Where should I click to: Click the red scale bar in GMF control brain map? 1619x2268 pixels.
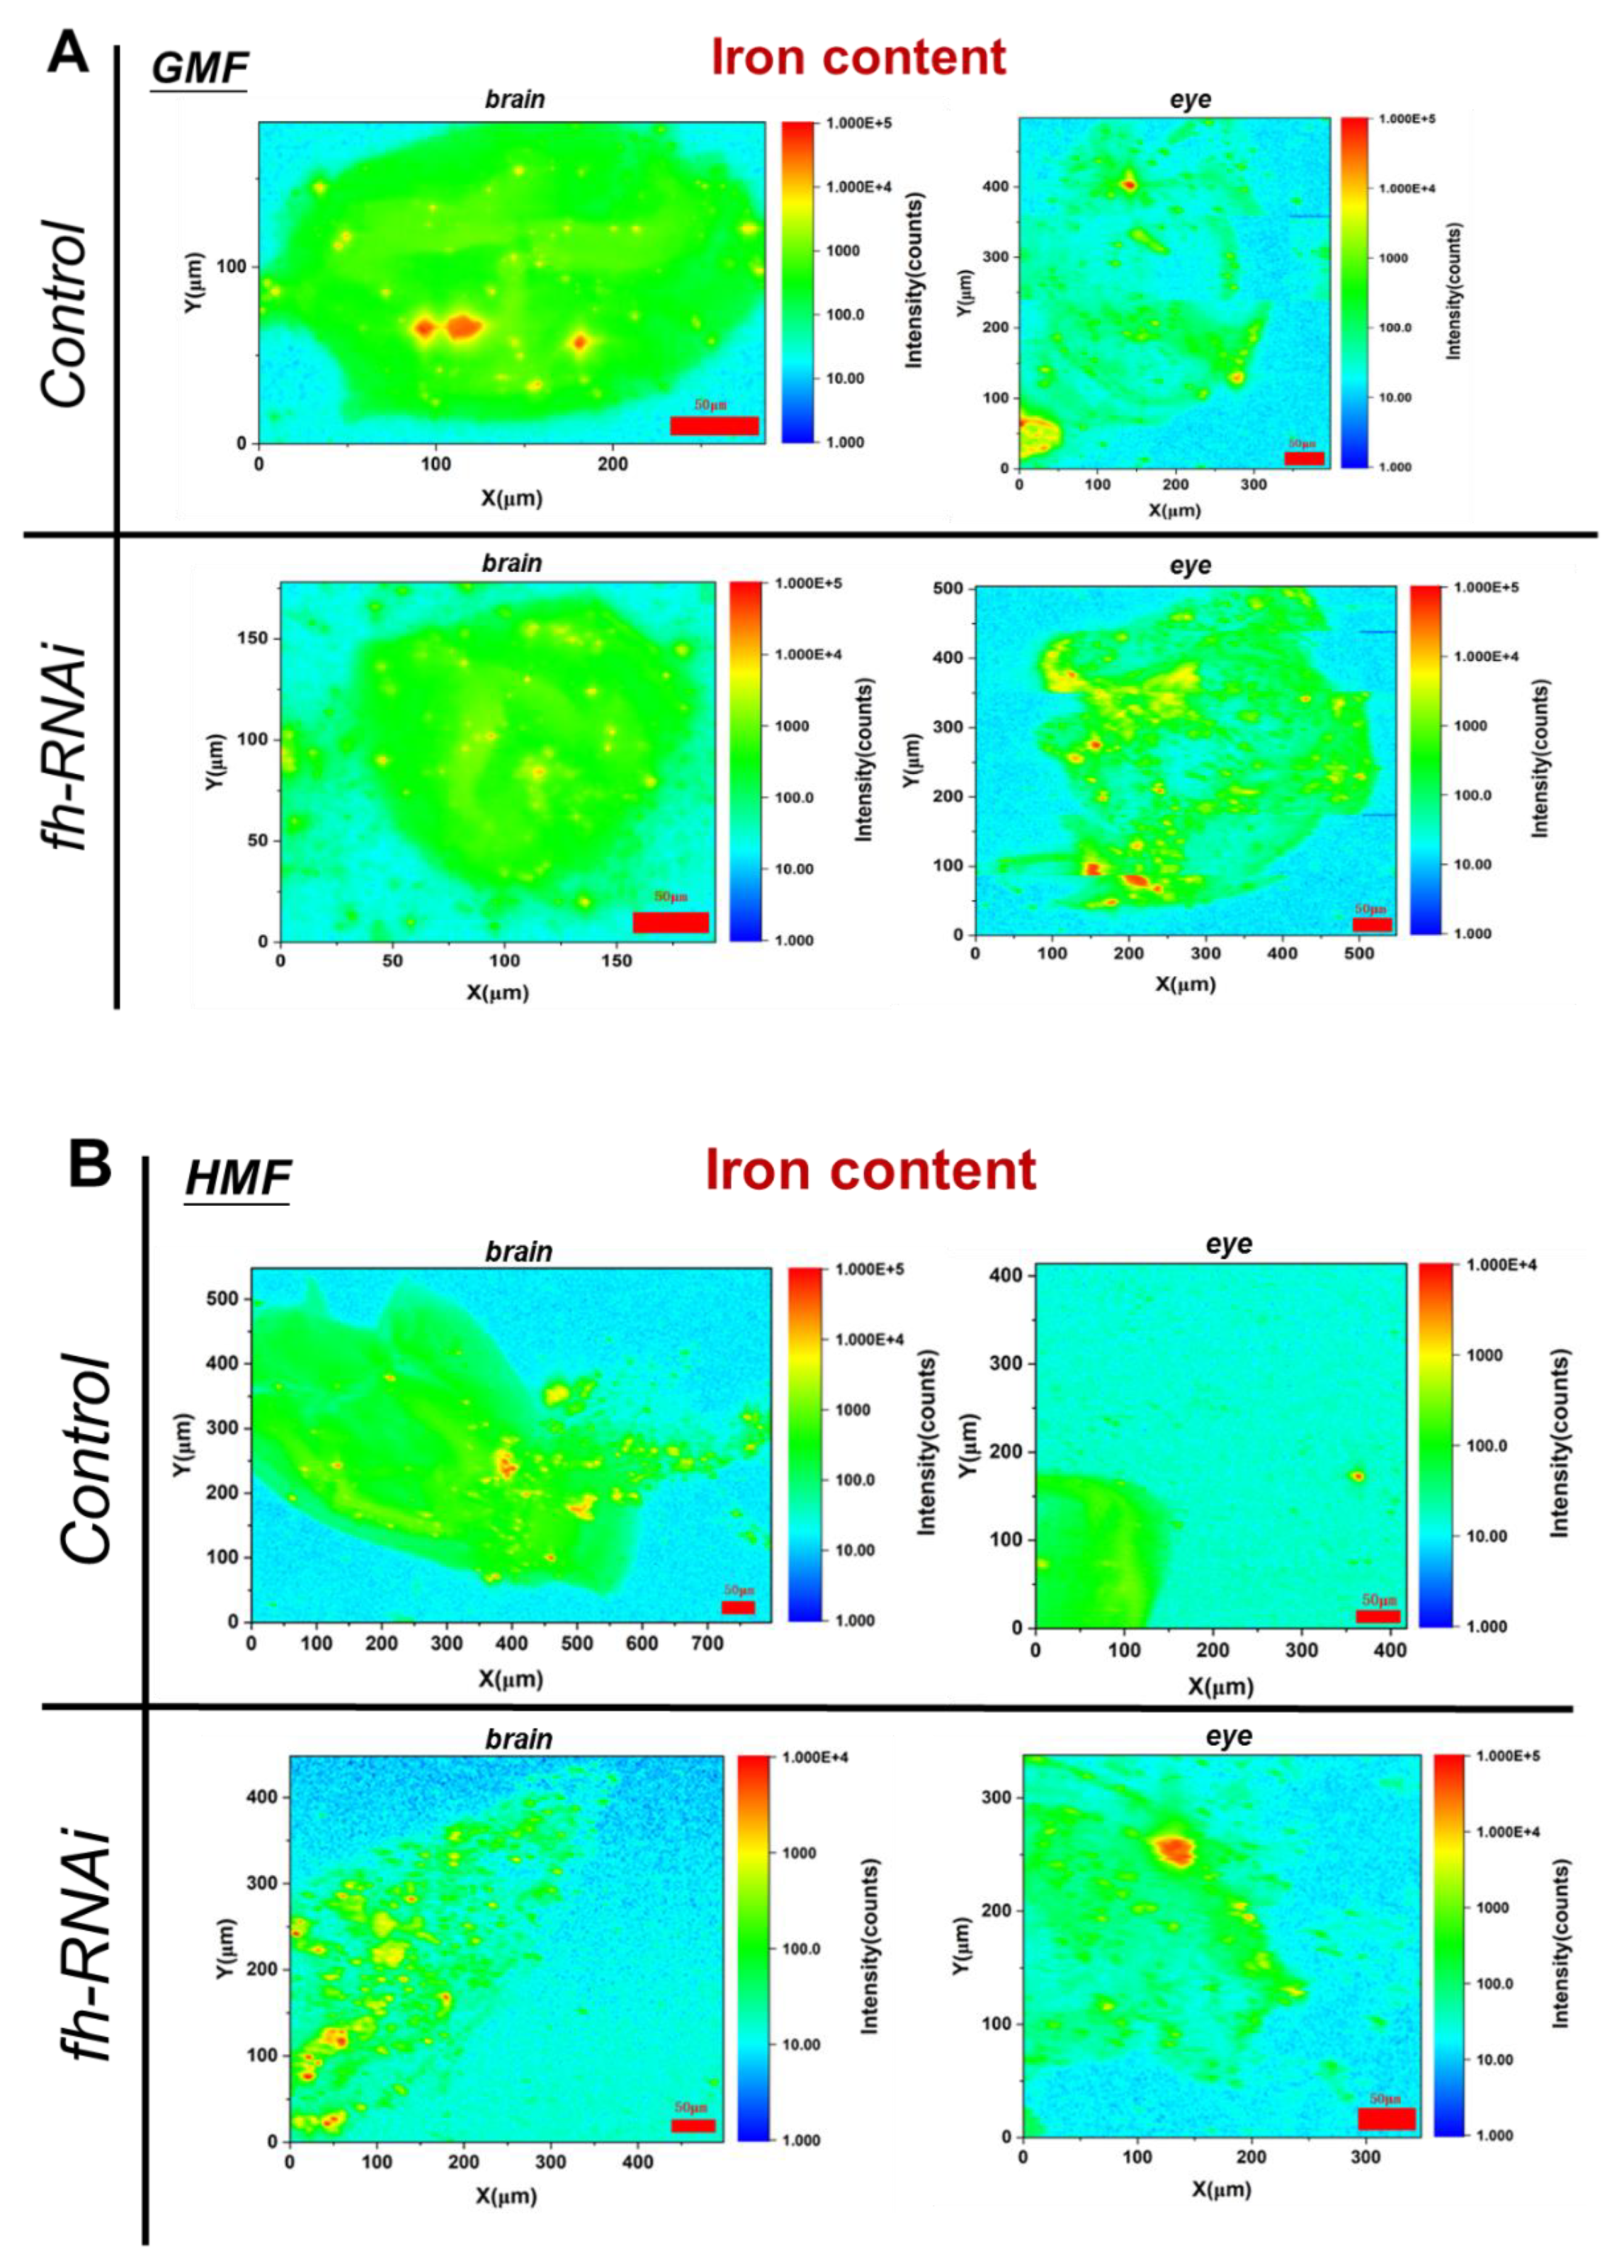click(714, 426)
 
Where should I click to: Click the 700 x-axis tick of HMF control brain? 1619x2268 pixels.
click(707, 1643)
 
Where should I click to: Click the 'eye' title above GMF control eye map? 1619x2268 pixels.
click(1190, 100)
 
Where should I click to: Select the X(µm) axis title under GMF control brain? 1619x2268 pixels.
click(511, 498)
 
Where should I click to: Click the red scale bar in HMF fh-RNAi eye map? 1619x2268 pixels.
click(1385, 2119)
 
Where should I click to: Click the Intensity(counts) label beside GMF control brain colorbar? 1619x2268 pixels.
click(914, 280)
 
